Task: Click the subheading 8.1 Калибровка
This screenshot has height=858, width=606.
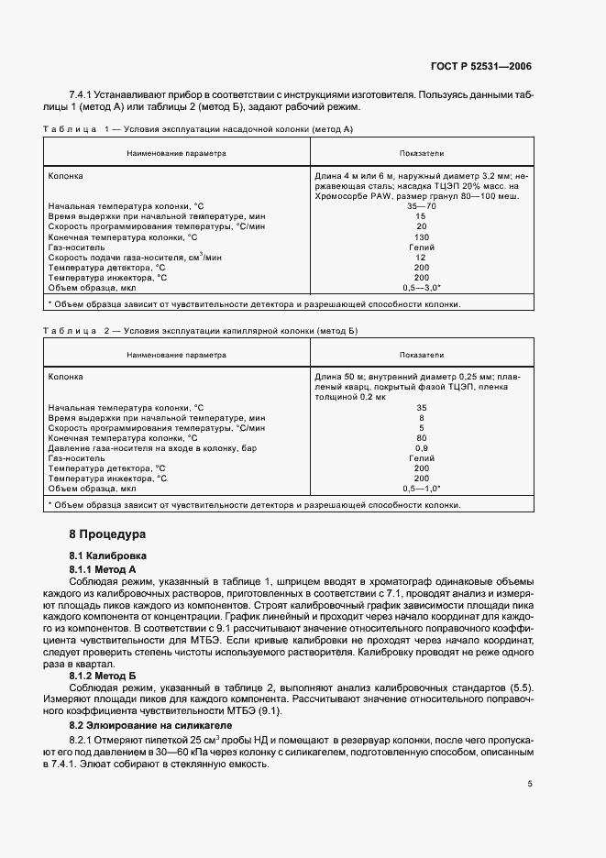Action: (108, 556)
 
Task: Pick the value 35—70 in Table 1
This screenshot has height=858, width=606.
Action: (422, 206)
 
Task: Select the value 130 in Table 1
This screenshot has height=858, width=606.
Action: (422, 236)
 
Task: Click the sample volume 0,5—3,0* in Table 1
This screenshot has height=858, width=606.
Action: (422, 287)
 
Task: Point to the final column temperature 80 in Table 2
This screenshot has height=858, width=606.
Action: (422, 437)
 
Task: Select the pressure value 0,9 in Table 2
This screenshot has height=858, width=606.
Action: (422, 447)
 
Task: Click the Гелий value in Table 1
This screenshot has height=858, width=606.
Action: (422, 247)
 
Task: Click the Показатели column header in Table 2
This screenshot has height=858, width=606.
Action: (422, 354)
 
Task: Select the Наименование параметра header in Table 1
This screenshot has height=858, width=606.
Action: (176, 153)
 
